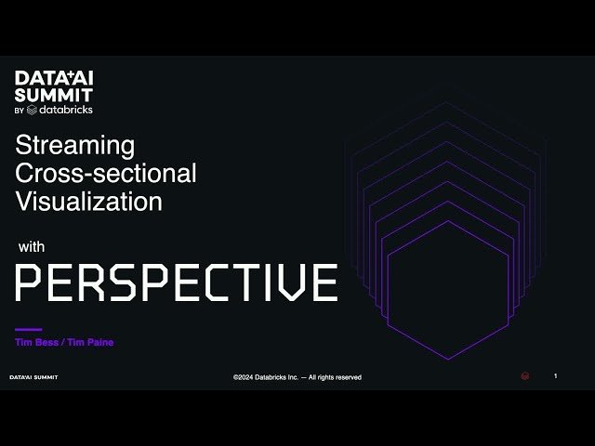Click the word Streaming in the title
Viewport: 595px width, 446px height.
tap(75, 146)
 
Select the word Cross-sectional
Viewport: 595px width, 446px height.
tap(106, 173)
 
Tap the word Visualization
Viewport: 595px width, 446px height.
tap(88, 201)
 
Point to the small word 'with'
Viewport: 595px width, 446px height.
tap(33, 248)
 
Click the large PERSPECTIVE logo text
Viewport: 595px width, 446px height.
tap(176, 282)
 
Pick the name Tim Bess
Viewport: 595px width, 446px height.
tap(36, 343)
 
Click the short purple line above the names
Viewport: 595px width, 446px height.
tap(29, 329)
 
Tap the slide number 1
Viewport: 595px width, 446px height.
tap(555, 375)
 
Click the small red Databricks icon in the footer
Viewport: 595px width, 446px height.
tap(525, 376)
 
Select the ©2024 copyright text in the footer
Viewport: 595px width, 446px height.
tap(267, 377)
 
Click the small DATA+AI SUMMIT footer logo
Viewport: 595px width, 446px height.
tap(33, 377)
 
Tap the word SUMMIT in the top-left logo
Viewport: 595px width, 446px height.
tap(54, 94)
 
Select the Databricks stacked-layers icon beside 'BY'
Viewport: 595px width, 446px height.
tap(33, 110)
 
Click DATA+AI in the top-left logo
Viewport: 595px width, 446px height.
tap(54, 78)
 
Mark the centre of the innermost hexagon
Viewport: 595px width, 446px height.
tap(448, 290)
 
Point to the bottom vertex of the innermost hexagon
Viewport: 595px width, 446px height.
tap(448, 359)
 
